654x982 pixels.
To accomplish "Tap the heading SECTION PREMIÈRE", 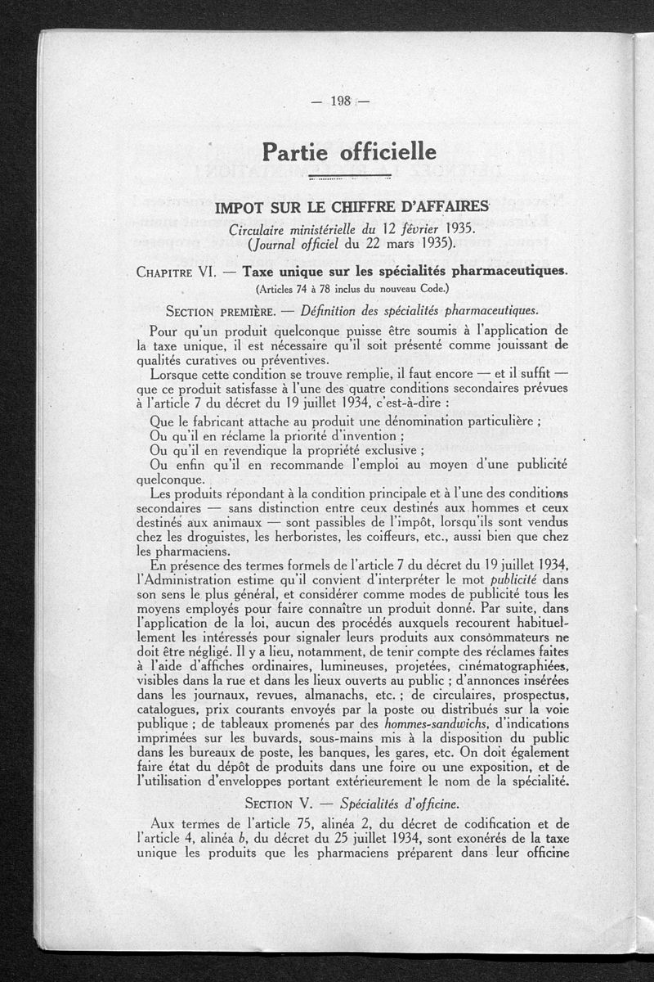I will tap(218, 311).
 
